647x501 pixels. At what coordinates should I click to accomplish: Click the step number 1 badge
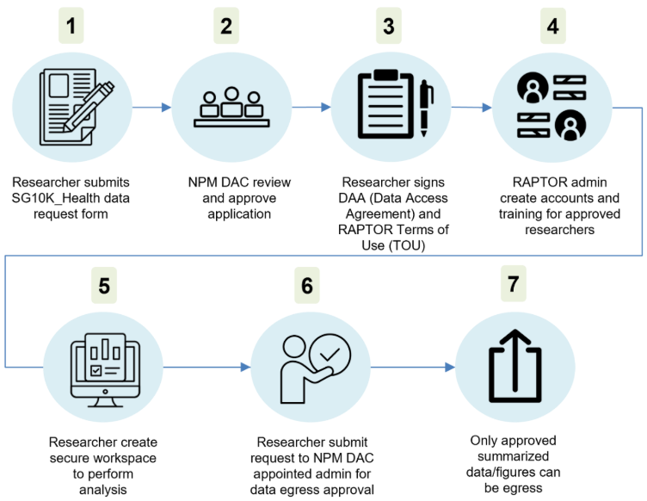71,26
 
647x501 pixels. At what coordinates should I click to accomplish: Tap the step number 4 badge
553,26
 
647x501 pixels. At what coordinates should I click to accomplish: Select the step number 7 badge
514,283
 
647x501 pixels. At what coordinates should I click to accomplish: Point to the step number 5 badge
104,285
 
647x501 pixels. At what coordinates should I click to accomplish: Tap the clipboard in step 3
385,104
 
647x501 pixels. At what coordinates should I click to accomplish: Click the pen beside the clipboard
426,108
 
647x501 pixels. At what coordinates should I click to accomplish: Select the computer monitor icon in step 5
105,370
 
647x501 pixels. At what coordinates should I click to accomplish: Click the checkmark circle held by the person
330,355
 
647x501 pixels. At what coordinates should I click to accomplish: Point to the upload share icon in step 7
515,366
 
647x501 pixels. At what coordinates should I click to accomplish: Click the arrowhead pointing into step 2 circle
166,108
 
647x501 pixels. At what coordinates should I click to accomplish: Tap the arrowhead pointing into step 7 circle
450,367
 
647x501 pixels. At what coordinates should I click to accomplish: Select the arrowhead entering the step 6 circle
245,367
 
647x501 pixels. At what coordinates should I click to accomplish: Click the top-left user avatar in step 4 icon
533,88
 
